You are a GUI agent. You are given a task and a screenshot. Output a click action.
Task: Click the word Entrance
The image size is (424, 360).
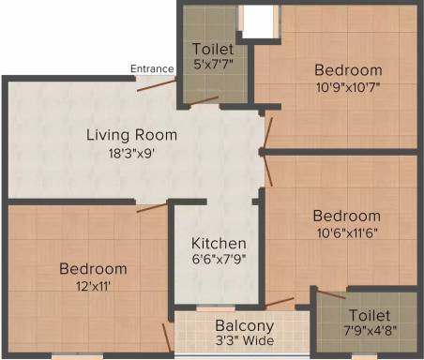[x=152, y=68]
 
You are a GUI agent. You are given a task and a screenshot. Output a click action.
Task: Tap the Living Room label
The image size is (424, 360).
[x=131, y=135]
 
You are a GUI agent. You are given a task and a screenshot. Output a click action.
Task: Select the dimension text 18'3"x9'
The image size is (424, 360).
[x=131, y=154]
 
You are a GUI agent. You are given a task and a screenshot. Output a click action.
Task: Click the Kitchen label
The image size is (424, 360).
[x=219, y=244]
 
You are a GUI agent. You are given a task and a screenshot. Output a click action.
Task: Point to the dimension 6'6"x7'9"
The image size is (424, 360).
[x=219, y=260]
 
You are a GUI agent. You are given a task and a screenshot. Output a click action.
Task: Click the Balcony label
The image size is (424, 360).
[x=245, y=326]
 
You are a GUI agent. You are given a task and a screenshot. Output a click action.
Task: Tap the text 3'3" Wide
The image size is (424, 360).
[x=245, y=340]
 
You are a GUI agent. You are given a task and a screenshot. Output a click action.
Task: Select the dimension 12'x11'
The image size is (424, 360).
[x=93, y=286]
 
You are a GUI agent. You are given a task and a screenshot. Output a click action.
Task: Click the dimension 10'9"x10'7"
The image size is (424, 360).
[x=348, y=87]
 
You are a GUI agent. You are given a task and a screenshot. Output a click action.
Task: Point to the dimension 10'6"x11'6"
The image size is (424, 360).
[x=347, y=233]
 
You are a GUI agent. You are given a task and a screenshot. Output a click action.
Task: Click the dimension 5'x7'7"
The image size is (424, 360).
[x=214, y=64]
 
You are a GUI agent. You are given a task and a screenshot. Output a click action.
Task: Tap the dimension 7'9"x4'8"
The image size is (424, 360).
[x=371, y=330]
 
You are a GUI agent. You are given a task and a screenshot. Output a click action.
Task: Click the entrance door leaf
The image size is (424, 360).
[x=157, y=85]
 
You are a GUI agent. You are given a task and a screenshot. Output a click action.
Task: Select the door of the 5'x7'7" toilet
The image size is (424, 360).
[x=204, y=100]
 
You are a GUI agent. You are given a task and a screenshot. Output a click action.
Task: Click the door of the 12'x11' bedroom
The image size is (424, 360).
[x=152, y=207]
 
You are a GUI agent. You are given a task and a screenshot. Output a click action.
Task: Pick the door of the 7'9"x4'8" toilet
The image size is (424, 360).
[x=331, y=294]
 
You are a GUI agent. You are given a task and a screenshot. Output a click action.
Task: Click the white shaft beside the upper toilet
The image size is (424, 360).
[x=258, y=22]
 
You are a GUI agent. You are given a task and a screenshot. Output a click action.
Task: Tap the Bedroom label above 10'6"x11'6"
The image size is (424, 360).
[x=347, y=216]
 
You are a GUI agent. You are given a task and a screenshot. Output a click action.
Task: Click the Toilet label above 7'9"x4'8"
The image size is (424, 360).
[x=370, y=315]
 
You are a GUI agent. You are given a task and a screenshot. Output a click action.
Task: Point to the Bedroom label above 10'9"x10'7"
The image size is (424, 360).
[x=348, y=70]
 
